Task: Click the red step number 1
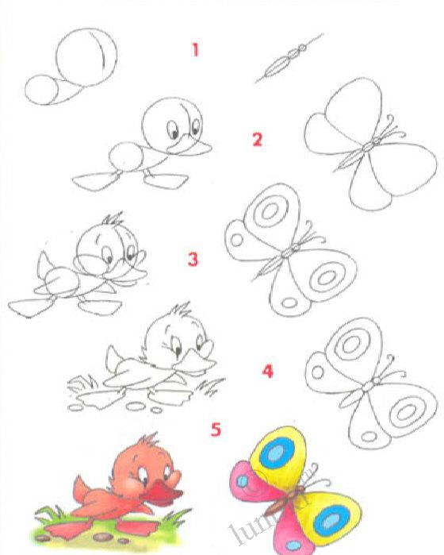[x=195, y=50]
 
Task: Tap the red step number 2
[x=256, y=140]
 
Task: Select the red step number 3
[x=193, y=259]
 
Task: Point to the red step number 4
[x=267, y=370]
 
